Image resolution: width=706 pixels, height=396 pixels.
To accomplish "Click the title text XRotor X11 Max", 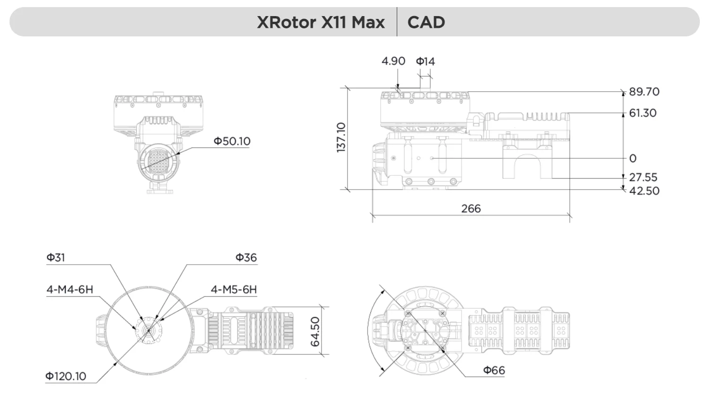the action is [x=321, y=22].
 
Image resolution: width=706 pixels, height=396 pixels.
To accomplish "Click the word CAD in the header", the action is [x=426, y=22].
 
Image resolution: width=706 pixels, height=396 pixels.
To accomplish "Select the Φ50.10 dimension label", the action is [x=232, y=141].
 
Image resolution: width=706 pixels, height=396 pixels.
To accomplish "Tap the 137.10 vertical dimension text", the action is [x=341, y=137].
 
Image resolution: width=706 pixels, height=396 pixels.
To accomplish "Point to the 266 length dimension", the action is [x=471, y=208].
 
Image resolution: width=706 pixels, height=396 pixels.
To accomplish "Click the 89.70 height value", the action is [x=644, y=92].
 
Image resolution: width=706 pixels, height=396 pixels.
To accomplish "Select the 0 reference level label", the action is [x=633, y=158].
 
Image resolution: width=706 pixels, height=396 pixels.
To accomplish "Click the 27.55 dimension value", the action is [x=643, y=177].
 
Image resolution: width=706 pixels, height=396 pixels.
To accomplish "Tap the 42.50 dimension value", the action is [x=644, y=191].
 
